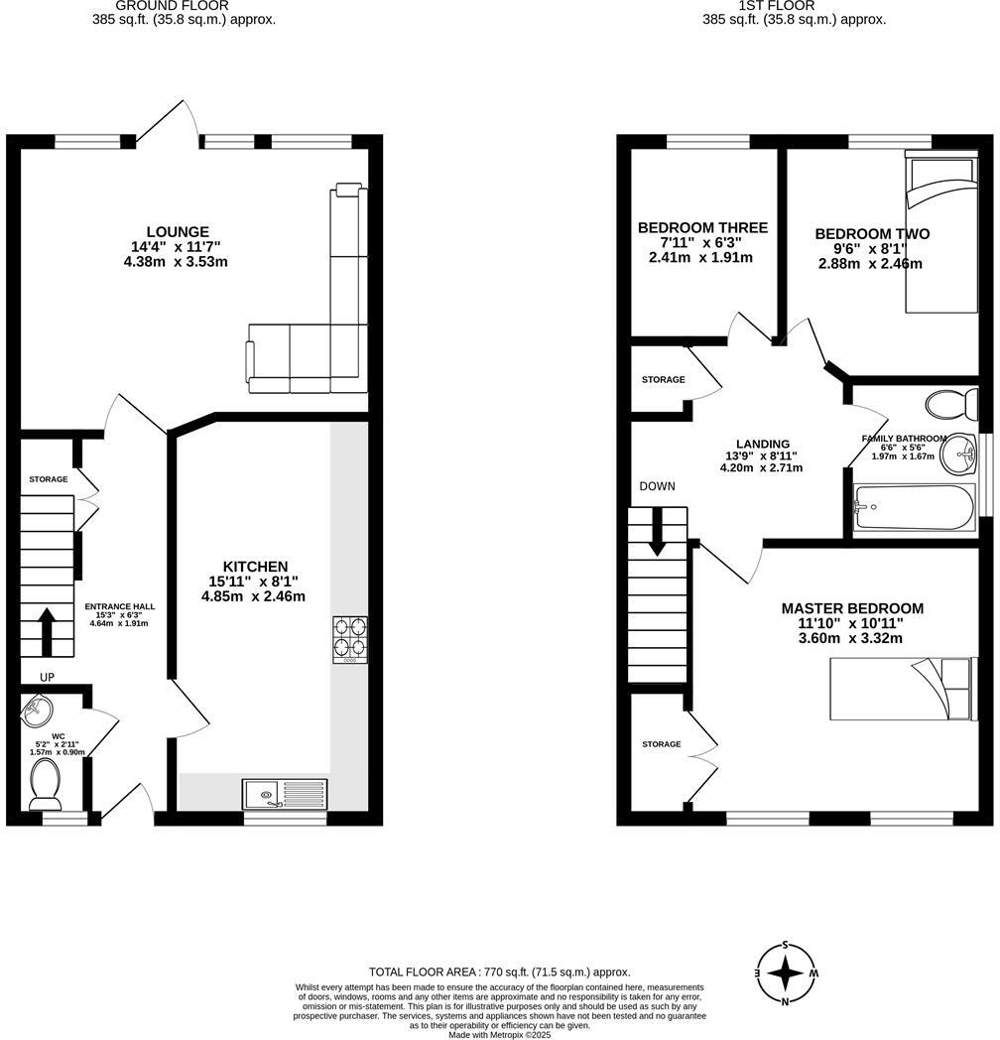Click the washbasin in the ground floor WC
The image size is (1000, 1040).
[37, 711]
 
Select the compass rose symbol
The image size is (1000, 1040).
[786, 974]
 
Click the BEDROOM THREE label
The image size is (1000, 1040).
[701, 227]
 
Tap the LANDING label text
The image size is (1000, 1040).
[762, 444]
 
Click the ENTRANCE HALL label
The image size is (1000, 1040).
[119, 606]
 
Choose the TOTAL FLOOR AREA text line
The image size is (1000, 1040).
[499, 973]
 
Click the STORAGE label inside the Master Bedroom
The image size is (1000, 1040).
[661, 744]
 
